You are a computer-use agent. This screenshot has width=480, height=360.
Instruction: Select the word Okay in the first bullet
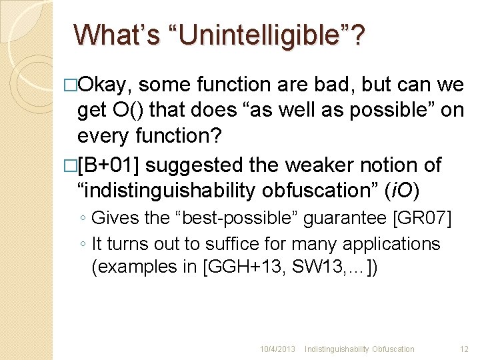tap(107, 85)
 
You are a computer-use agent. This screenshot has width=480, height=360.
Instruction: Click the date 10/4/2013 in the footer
tap(277, 349)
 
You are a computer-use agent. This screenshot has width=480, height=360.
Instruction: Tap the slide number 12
tap(464, 349)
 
